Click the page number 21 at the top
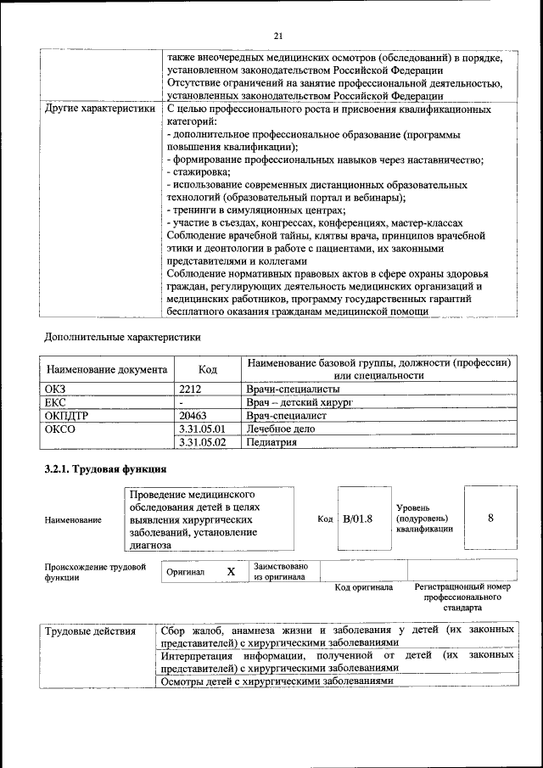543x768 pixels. tap(277, 36)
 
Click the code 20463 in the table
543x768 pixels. tap(195, 416)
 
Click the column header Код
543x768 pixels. tap(207, 369)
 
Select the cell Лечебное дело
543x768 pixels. tap(281, 429)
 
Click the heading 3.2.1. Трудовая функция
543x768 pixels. tap(105, 469)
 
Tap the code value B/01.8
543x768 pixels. tap(357, 519)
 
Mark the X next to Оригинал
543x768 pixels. tap(230, 572)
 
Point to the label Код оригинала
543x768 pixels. tap(363, 586)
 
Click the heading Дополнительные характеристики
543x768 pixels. tap(122, 336)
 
